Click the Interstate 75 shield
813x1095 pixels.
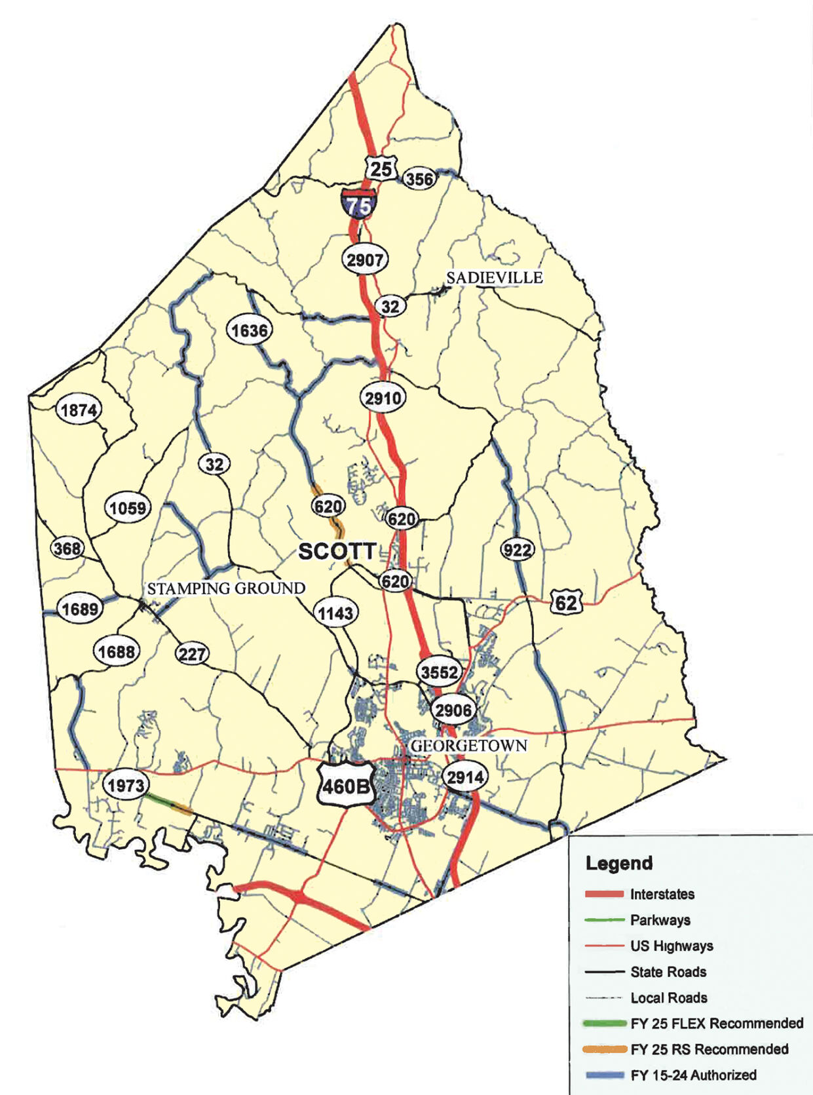(x=358, y=204)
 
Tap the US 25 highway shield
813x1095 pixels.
(x=381, y=168)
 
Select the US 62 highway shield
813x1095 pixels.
(x=566, y=602)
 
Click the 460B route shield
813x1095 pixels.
(x=345, y=784)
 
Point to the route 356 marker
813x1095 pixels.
(x=419, y=179)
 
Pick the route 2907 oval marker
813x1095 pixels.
(x=365, y=260)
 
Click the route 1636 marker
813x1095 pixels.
(x=250, y=330)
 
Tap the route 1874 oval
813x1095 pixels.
(x=79, y=410)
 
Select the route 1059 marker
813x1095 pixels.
(x=128, y=508)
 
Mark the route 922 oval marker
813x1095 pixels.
(x=517, y=550)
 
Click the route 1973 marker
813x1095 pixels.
(x=125, y=785)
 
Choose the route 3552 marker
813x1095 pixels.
(x=440, y=672)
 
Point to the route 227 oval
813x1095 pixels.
(x=191, y=653)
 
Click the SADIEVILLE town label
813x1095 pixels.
(x=495, y=278)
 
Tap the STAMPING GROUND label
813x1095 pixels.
(x=226, y=588)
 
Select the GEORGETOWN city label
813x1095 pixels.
(x=468, y=746)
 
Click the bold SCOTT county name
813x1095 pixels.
(x=337, y=552)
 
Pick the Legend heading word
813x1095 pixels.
(x=619, y=863)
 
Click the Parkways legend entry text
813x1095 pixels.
(x=660, y=920)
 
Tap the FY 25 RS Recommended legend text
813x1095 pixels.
(x=709, y=1049)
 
